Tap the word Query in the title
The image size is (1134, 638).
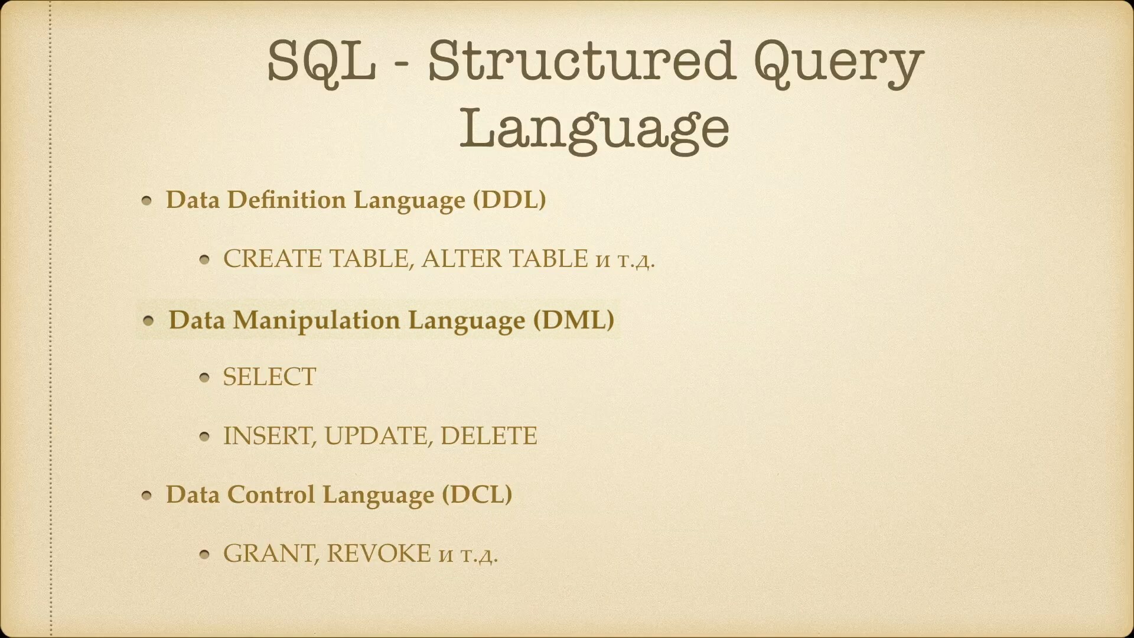tap(839, 65)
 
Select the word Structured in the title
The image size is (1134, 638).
tap(582, 61)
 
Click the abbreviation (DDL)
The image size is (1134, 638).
tap(510, 200)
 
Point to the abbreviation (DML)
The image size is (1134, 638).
tap(573, 320)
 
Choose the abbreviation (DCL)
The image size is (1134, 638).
tap(477, 494)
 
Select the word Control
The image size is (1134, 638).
tap(271, 494)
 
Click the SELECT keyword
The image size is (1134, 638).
tap(269, 377)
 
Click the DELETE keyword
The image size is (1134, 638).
tap(488, 436)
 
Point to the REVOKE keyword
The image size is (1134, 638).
tap(379, 554)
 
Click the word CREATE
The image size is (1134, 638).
tap(272, 259)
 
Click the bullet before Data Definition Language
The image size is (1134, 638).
tap(148, 201)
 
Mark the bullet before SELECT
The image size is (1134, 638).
tap(205, 377)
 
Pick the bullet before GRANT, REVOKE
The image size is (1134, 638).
tap(205, 555)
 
